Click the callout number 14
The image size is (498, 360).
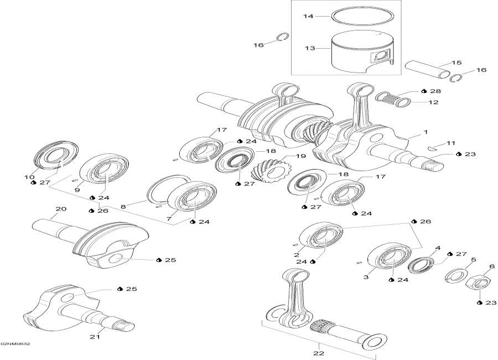pyautogui.click(x=308, y=17)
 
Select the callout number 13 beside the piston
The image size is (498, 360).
pyautogui.click(x=308, y=48)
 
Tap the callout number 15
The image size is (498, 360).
pyautogui.click(x=456, y=63)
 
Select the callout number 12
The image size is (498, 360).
pyautogui.click(x=433, y=102)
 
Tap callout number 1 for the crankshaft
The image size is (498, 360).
pyautogui.click(x=426, y=132)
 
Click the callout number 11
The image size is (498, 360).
pyautogui.click(x=450, y=143)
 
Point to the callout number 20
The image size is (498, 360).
pyautogui.click(x=61, y=209)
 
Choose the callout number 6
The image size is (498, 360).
pyautogui.click(x=491, y=266)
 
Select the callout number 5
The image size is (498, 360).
pyautogui.click(x=473, y=259)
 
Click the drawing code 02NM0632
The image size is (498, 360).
pyautogui.click(x=15, y=344)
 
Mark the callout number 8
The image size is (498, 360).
pyautogui.click(x=123, y=206)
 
